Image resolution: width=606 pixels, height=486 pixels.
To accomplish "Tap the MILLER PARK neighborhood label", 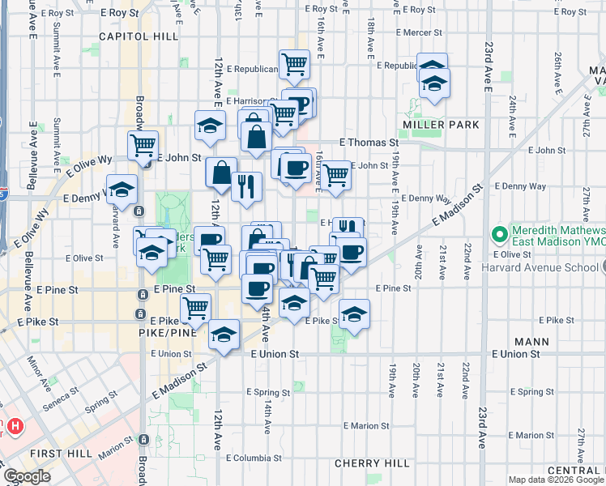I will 441,125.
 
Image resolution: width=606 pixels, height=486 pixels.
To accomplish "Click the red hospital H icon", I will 15,425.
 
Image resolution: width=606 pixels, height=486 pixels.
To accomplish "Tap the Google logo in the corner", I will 28,476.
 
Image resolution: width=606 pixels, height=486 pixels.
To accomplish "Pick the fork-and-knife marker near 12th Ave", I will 246,186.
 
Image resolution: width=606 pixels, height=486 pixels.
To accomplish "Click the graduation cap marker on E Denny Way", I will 122,189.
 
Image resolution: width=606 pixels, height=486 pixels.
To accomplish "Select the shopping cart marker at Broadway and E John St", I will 143,146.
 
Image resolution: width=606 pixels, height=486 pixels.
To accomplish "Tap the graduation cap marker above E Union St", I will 224,335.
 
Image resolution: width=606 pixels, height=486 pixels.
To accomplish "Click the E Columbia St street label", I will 256,458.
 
